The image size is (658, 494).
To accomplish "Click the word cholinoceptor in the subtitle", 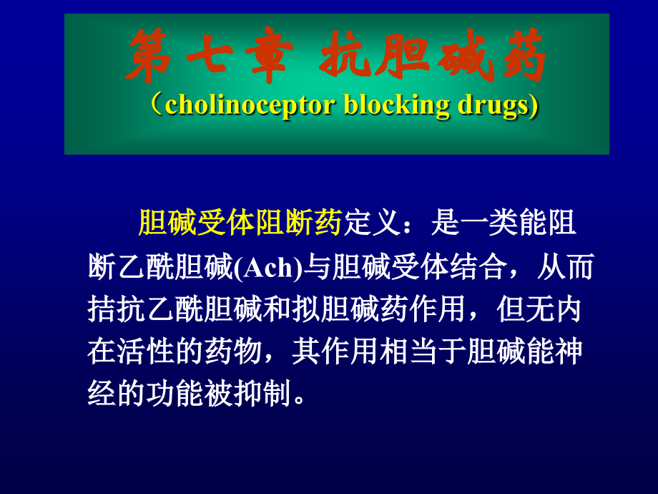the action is [250, 105].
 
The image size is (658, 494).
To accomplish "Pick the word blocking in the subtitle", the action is [396, 105].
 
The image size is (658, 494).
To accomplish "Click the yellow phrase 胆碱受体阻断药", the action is [240, 222].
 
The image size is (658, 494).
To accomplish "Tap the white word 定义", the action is [372, 222].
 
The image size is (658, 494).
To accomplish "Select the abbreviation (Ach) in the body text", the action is [268, 267].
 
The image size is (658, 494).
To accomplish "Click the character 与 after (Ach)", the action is [318, 266].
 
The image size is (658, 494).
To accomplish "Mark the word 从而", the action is [566, 266].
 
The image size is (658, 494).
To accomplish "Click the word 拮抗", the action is [117, 309].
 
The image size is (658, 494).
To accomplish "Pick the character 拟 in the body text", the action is [306, 309].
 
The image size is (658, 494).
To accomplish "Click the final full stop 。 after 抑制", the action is [300, 399].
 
